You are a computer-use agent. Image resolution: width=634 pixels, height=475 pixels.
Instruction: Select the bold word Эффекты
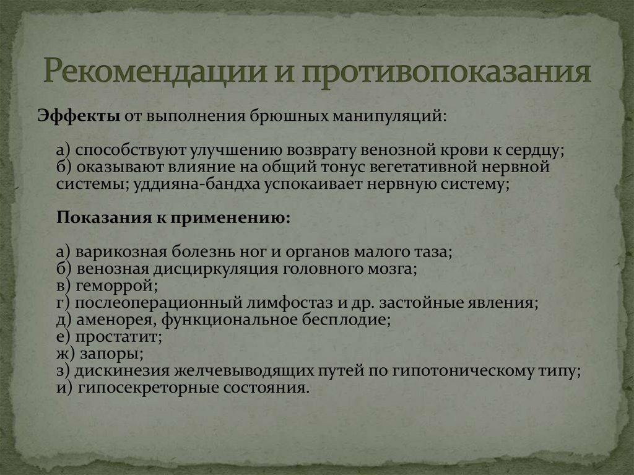[x=79, y=116]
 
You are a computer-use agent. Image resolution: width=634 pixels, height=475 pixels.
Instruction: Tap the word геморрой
[x=117, y=286]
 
